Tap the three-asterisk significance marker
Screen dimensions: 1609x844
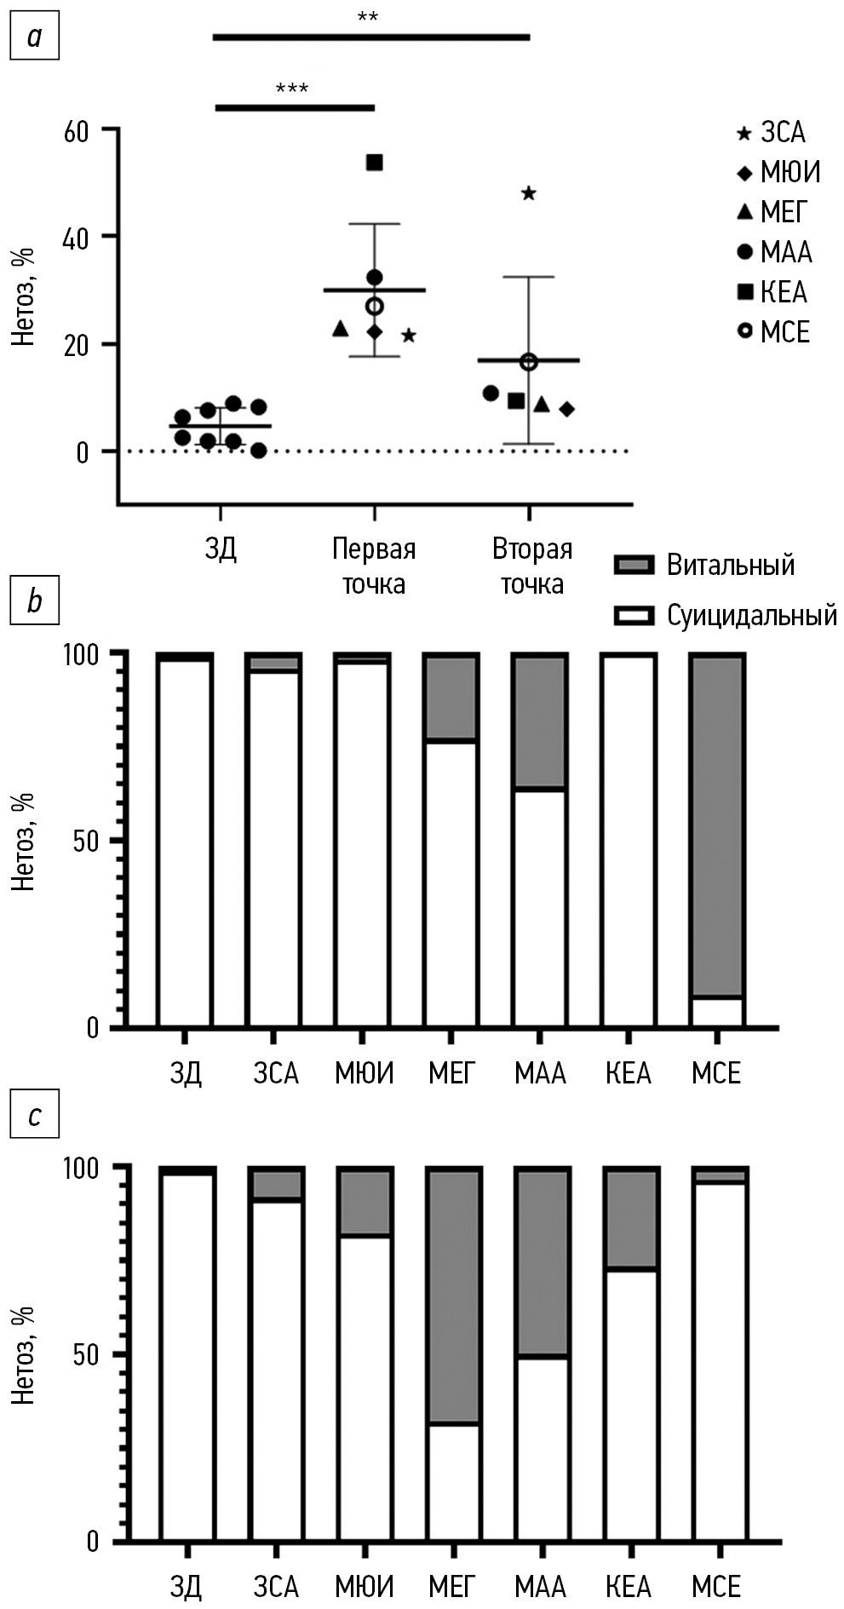(x=292, y=89)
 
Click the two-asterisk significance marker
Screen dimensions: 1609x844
(x=368, y=18)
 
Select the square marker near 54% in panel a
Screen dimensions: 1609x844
(x=374, y=163)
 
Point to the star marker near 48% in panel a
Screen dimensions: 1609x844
(x=528, y=193)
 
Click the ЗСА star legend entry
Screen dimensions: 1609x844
(x=771, y=133)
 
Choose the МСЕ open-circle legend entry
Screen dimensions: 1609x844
(x=772, y=332)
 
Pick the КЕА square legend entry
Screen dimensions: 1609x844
(x=772, y=292)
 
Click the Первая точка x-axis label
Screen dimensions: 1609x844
(x=374, y=566)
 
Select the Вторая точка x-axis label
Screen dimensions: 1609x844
(x=531, y=566)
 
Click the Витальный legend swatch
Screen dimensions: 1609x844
(x=634, y=565)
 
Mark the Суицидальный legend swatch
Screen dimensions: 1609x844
(x=634, y=616)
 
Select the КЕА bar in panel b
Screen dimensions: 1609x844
(x=628, y=841)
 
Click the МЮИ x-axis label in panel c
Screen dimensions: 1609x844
(x=365, y=1588)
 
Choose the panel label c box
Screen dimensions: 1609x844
(x=34, y=1115)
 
